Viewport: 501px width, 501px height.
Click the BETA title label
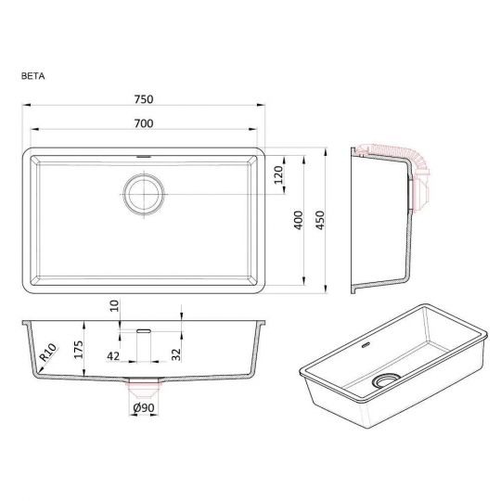point(32,76)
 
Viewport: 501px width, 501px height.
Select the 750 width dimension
point(144,99)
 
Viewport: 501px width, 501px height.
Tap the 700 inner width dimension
point(144,123)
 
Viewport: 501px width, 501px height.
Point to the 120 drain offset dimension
point(278,174)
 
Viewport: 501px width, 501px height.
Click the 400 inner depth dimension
point(298,220)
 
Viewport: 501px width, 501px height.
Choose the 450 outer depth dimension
point(320,220)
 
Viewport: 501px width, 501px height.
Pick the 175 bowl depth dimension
point(78,350)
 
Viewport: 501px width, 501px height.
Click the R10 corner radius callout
point(48,353)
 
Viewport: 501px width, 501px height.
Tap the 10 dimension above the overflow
point(114,306)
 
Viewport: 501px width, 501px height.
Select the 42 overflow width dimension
point(113,356)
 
